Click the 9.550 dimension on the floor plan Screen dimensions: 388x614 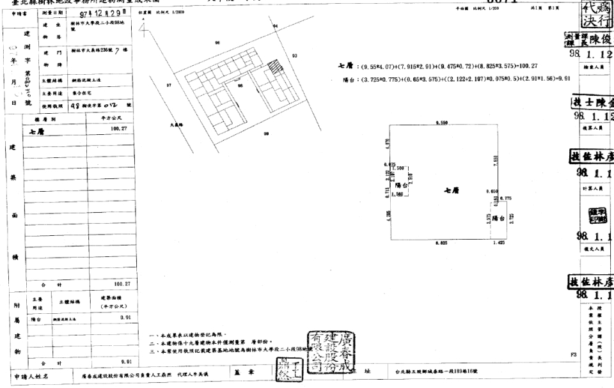click(x=440, y=122)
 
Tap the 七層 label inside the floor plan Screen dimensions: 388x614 click(x=451, y=190)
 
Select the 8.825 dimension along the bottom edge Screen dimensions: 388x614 click(x=440, y=244)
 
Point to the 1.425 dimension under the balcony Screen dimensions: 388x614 click(x=498, y=244)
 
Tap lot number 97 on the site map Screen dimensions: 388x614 click(x=169, y=85)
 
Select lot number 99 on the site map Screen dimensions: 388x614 click(x=265, y=134)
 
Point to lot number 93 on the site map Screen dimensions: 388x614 click(x=294, y=56)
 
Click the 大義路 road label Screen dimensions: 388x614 click(x=177, y=125)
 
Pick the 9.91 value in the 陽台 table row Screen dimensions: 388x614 click(x=125, y=317)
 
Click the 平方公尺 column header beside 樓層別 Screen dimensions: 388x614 click(x=115, y=119)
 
